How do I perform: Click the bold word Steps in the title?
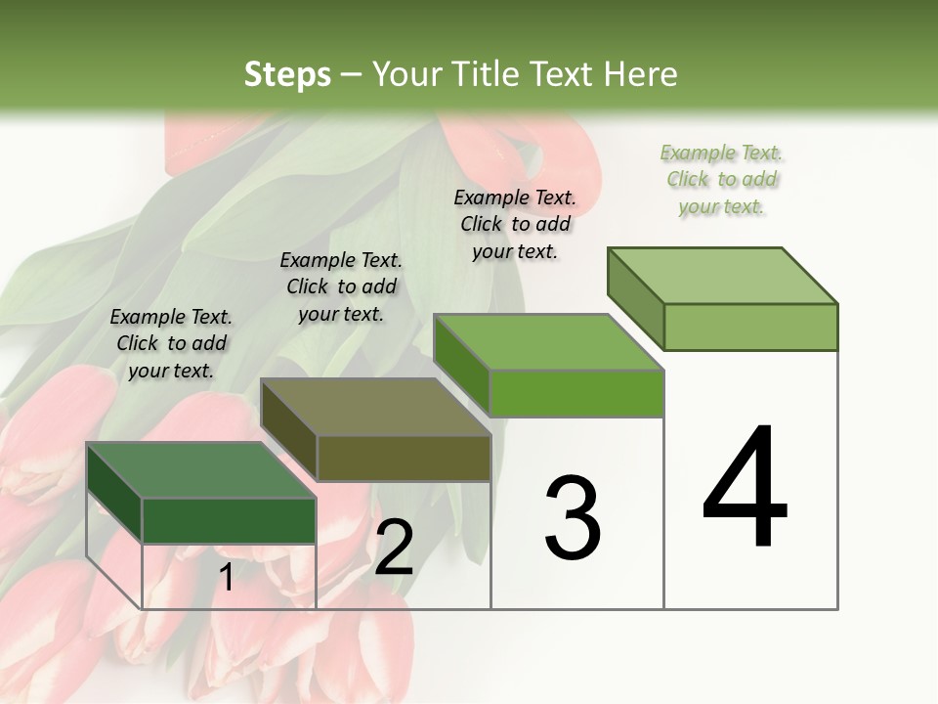click(287, 74)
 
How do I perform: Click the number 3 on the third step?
click(573, 517)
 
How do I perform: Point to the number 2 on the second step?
click(394, 548)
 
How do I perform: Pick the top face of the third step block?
click(548, 343)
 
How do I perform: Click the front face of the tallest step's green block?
click(750, 327)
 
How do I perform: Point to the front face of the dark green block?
click(229, 521)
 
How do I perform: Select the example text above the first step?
click(171, 343)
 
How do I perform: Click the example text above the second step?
click(341, 286)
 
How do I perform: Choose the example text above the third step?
click(515, 224)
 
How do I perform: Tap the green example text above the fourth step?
click(722, 179)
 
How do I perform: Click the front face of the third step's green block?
click(576, 394)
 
